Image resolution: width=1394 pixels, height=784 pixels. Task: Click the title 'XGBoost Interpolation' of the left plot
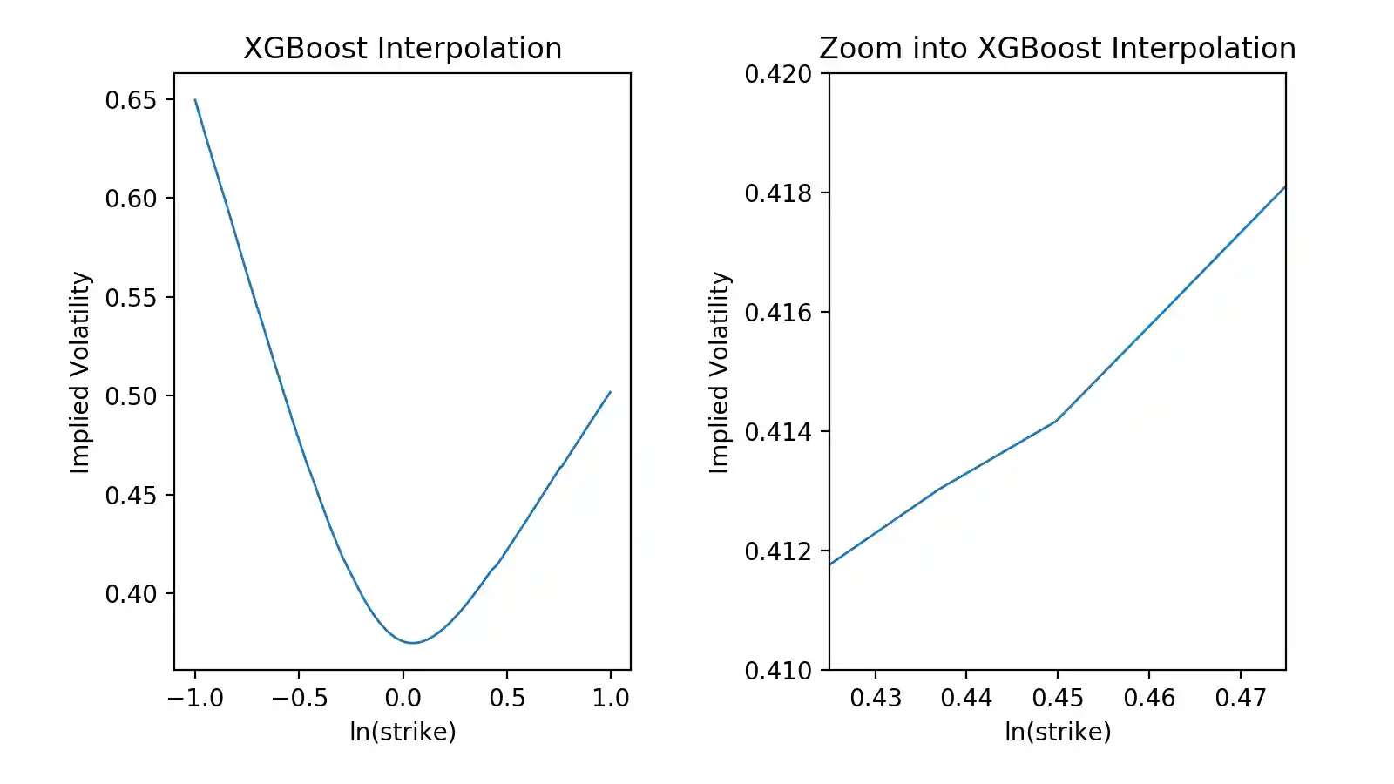[x=403, y=49]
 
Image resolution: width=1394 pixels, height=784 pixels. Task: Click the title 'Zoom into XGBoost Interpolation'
[x=1057, y=49]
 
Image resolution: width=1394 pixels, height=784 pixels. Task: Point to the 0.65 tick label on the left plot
[x=131, y=100]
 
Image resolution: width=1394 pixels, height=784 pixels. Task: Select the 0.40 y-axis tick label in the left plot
[x=131, y=594]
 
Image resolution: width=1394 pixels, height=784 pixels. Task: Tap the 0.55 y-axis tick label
[x=131, y=298]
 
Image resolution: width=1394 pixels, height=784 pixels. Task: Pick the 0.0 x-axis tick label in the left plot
[x=403, y=698]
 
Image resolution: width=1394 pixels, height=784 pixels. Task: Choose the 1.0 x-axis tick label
[x=610, y=698]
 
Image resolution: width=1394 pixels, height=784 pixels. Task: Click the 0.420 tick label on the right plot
[x=777, y=74]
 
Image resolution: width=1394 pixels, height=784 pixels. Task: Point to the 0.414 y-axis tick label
[x=777, y=432]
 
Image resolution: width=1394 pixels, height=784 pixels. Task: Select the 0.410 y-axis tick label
[x=777, y=671]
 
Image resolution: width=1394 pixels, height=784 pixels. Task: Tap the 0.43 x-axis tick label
[x=875, y=698]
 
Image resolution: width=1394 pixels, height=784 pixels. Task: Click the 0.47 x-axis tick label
[x=1240, y=698]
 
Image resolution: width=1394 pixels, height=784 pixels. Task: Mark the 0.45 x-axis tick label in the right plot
[x=1058, y=698]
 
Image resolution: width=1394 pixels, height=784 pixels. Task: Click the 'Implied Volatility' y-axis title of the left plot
[x=80, y=372]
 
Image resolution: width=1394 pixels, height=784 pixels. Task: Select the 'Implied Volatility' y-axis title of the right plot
[x=720, y=372]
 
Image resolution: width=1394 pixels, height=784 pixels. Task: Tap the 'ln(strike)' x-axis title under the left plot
[x=403, y=732]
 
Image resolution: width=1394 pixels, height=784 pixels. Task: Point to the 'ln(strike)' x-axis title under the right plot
[x=1058, y=732]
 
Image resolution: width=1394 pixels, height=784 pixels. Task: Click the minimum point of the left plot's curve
[x=413, y=643]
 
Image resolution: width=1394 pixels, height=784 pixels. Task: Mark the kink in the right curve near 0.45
[x=1056, y=422]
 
